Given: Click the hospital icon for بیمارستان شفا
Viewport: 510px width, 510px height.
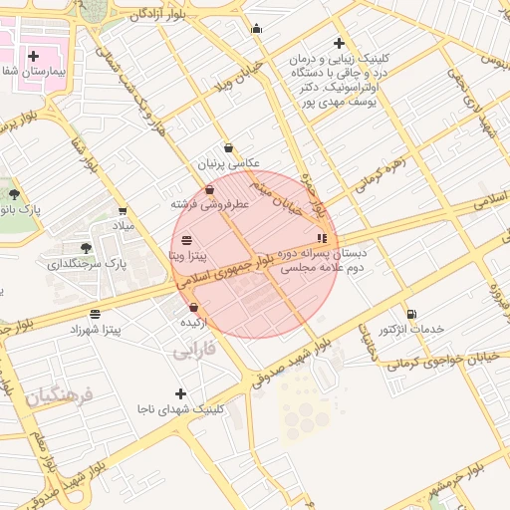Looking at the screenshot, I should pos(34,56).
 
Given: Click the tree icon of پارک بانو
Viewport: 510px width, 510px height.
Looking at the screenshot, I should pos(13,193).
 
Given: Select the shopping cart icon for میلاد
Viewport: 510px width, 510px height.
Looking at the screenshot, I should pos(123,211).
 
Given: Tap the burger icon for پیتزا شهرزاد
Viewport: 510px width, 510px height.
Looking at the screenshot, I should pos(95,313).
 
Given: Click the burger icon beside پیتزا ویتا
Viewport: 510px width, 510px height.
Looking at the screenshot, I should pos(187,240).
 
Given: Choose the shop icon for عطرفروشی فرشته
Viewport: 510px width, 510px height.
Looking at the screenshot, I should pos(209,189).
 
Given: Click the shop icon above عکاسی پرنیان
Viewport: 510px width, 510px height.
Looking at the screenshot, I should pos(228,147).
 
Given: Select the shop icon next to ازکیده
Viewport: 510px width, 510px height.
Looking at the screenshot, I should pos(193,308).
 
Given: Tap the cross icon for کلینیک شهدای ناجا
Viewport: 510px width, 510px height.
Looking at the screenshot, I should pos(180,393).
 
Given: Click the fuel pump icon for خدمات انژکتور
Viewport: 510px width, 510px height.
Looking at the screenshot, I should pos(411,313).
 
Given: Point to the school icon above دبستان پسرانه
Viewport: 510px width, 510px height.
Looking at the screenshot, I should pos(321,238).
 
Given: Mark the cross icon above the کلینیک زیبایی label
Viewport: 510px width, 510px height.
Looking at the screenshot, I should pos(340,43).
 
